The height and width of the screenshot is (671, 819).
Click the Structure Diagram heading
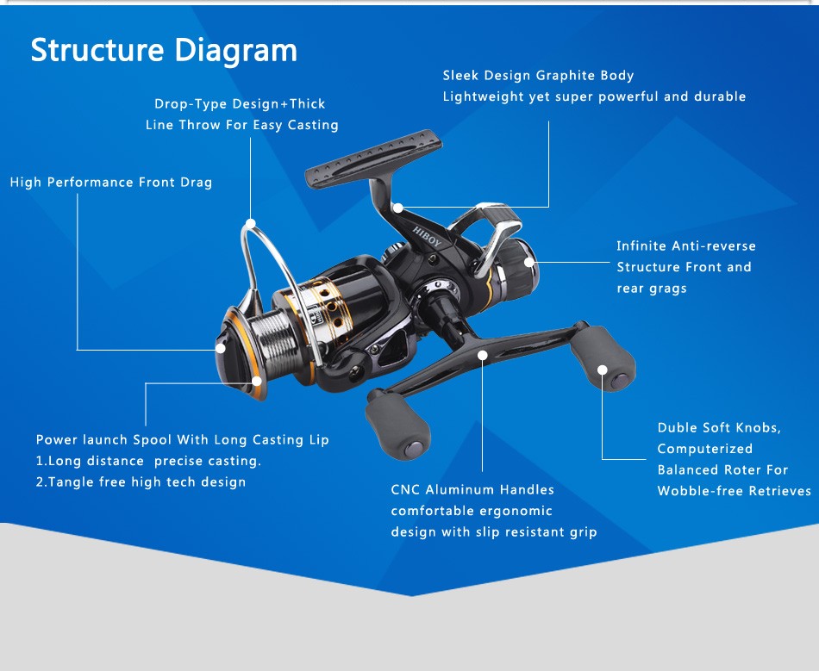(x=164, y=50)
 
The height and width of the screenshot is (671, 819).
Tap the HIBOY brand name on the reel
(x=427, y=237)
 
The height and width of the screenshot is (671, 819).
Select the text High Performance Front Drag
(x=111, y=183)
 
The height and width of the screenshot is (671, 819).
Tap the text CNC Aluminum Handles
(x=472, y=490)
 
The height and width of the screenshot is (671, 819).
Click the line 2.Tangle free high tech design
(x=141, y=482)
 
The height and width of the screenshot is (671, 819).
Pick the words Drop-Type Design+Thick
(x=240, y=104)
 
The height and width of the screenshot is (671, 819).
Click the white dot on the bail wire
(x=250, y=225)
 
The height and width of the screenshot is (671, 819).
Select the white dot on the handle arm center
(x=483, y=355)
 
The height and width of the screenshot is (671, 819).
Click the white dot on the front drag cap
(x=221, y=349)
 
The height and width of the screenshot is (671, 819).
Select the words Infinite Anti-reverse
(x=685, y=246)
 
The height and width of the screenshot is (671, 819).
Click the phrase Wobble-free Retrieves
(x=734, y=491)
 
